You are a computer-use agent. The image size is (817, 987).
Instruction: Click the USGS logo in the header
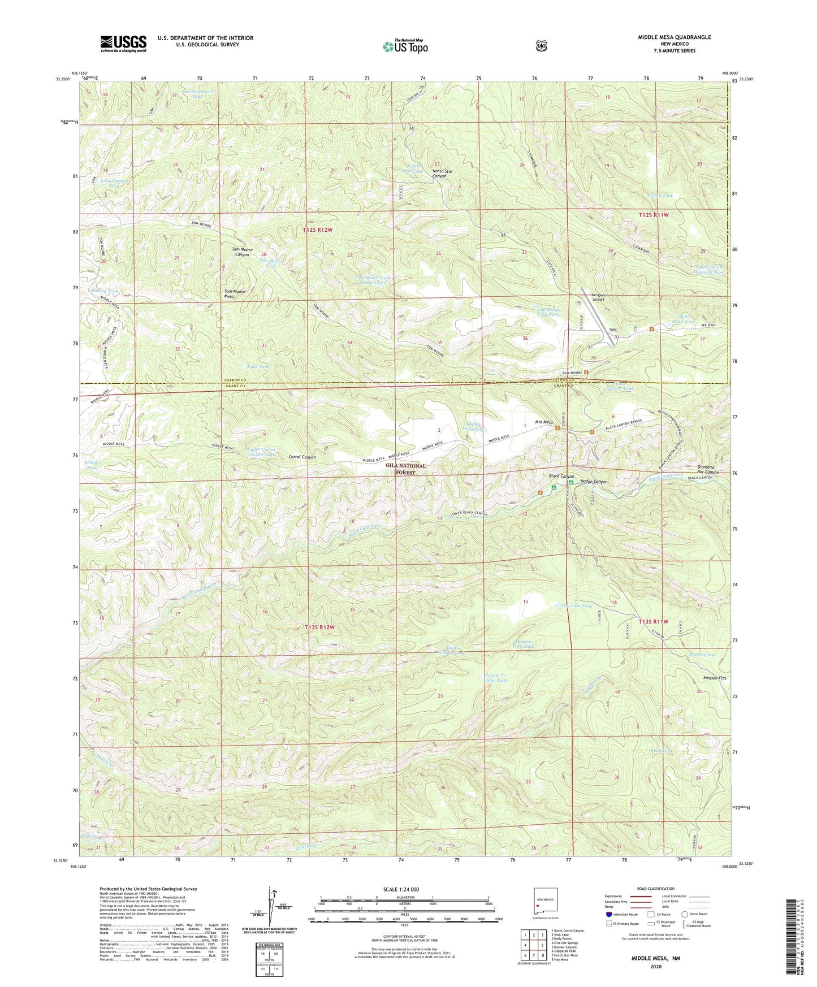(123, 43)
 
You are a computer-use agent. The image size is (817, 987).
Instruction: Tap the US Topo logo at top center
(405, 46)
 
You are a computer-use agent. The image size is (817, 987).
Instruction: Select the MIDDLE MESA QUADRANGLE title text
(674, 37)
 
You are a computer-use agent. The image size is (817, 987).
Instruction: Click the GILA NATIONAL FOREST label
(405, 469)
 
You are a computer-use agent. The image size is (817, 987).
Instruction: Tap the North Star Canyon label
(447, 173)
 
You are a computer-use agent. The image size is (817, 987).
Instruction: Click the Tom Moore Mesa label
(235, 293)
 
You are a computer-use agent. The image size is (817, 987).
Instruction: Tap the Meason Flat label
(714, 678)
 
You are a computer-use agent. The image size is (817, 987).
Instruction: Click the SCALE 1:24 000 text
(401, 889)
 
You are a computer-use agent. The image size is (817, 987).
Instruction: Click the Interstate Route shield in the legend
(609, 914)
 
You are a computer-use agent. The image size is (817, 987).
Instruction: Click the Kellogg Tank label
(92, 465)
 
